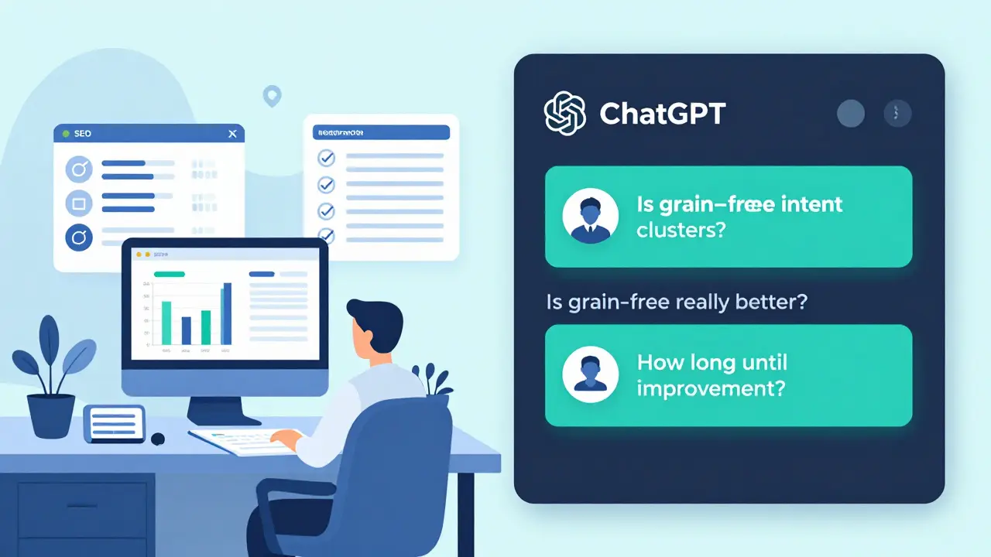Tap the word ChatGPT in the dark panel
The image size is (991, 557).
(662, 114)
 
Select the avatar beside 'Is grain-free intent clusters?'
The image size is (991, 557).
(590, 217)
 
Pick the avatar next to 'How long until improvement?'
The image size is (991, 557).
(590, 374)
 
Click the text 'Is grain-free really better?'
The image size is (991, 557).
(677, 302)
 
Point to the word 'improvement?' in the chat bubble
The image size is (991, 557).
(711, 388)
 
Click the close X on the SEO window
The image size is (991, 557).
(232, 134)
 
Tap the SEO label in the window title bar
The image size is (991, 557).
(82, 134)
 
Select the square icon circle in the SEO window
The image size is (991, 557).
(78, 204)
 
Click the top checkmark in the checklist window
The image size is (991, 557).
(327, 159)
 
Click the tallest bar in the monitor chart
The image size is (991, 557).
(227, 313)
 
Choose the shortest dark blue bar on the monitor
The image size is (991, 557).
(186, 330)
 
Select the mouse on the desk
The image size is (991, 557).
(158, 439)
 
